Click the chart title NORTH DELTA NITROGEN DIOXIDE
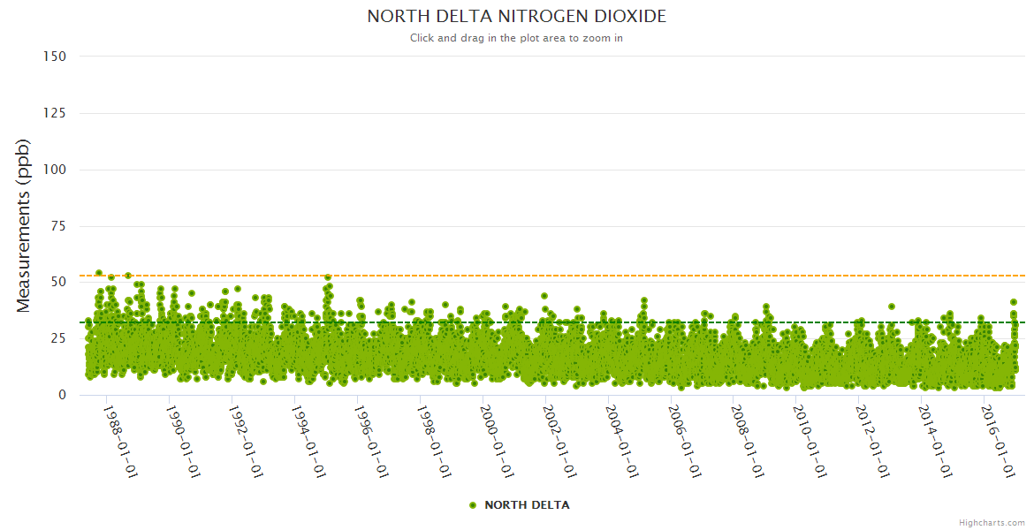tap(516, 17)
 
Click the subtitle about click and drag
tap(516, 38)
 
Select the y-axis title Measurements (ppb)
tap(24, 225)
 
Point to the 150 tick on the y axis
tap(54, 57)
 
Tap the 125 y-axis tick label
tap(54, 113)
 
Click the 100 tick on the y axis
tap(54, 170)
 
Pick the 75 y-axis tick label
tap(57, 226)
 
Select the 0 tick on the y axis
tap(62, 395)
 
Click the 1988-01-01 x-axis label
tap(120, 442)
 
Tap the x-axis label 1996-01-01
tap(371, 442)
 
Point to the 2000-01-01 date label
tap(497, 442)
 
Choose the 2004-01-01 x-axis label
tap(622, 442)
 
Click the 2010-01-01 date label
tap(810, 442)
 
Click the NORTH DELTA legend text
tap(527, 505)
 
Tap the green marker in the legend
tap(473, 505)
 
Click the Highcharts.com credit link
tap(992, 523)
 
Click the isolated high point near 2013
tap(892, 307)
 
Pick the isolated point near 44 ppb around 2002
tap(544, 296)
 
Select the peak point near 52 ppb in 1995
tap(328, 277)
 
